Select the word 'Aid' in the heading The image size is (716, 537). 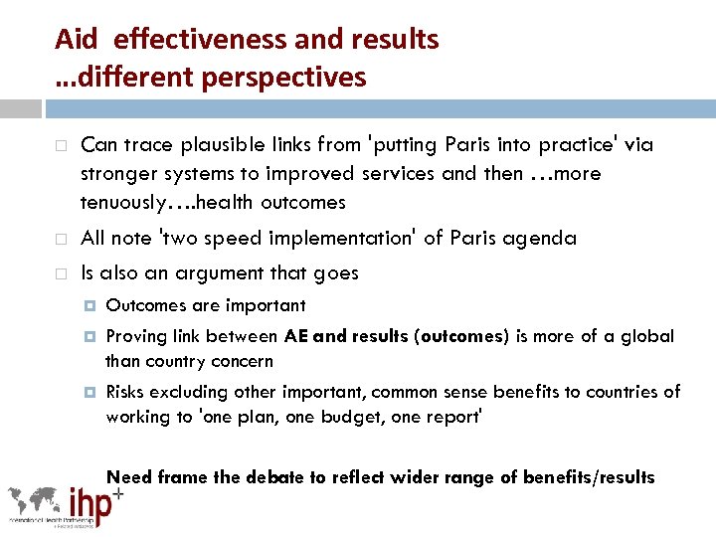pyautogui.click(x=76, y=40)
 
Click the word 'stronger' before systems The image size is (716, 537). pyautogui.click(x=117, y=174)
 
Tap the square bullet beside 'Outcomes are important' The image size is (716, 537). pyautogui.click(x=89, y=305)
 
